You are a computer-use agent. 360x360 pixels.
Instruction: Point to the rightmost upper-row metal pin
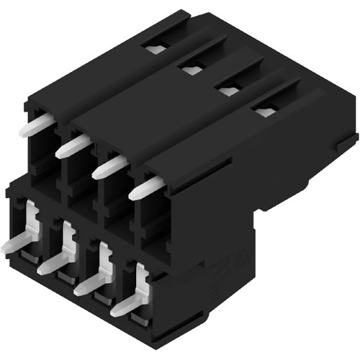tap(147, 188)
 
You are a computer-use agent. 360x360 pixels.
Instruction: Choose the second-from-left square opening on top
tap(191, 69)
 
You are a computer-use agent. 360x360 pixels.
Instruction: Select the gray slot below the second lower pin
tap(63, 276)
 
